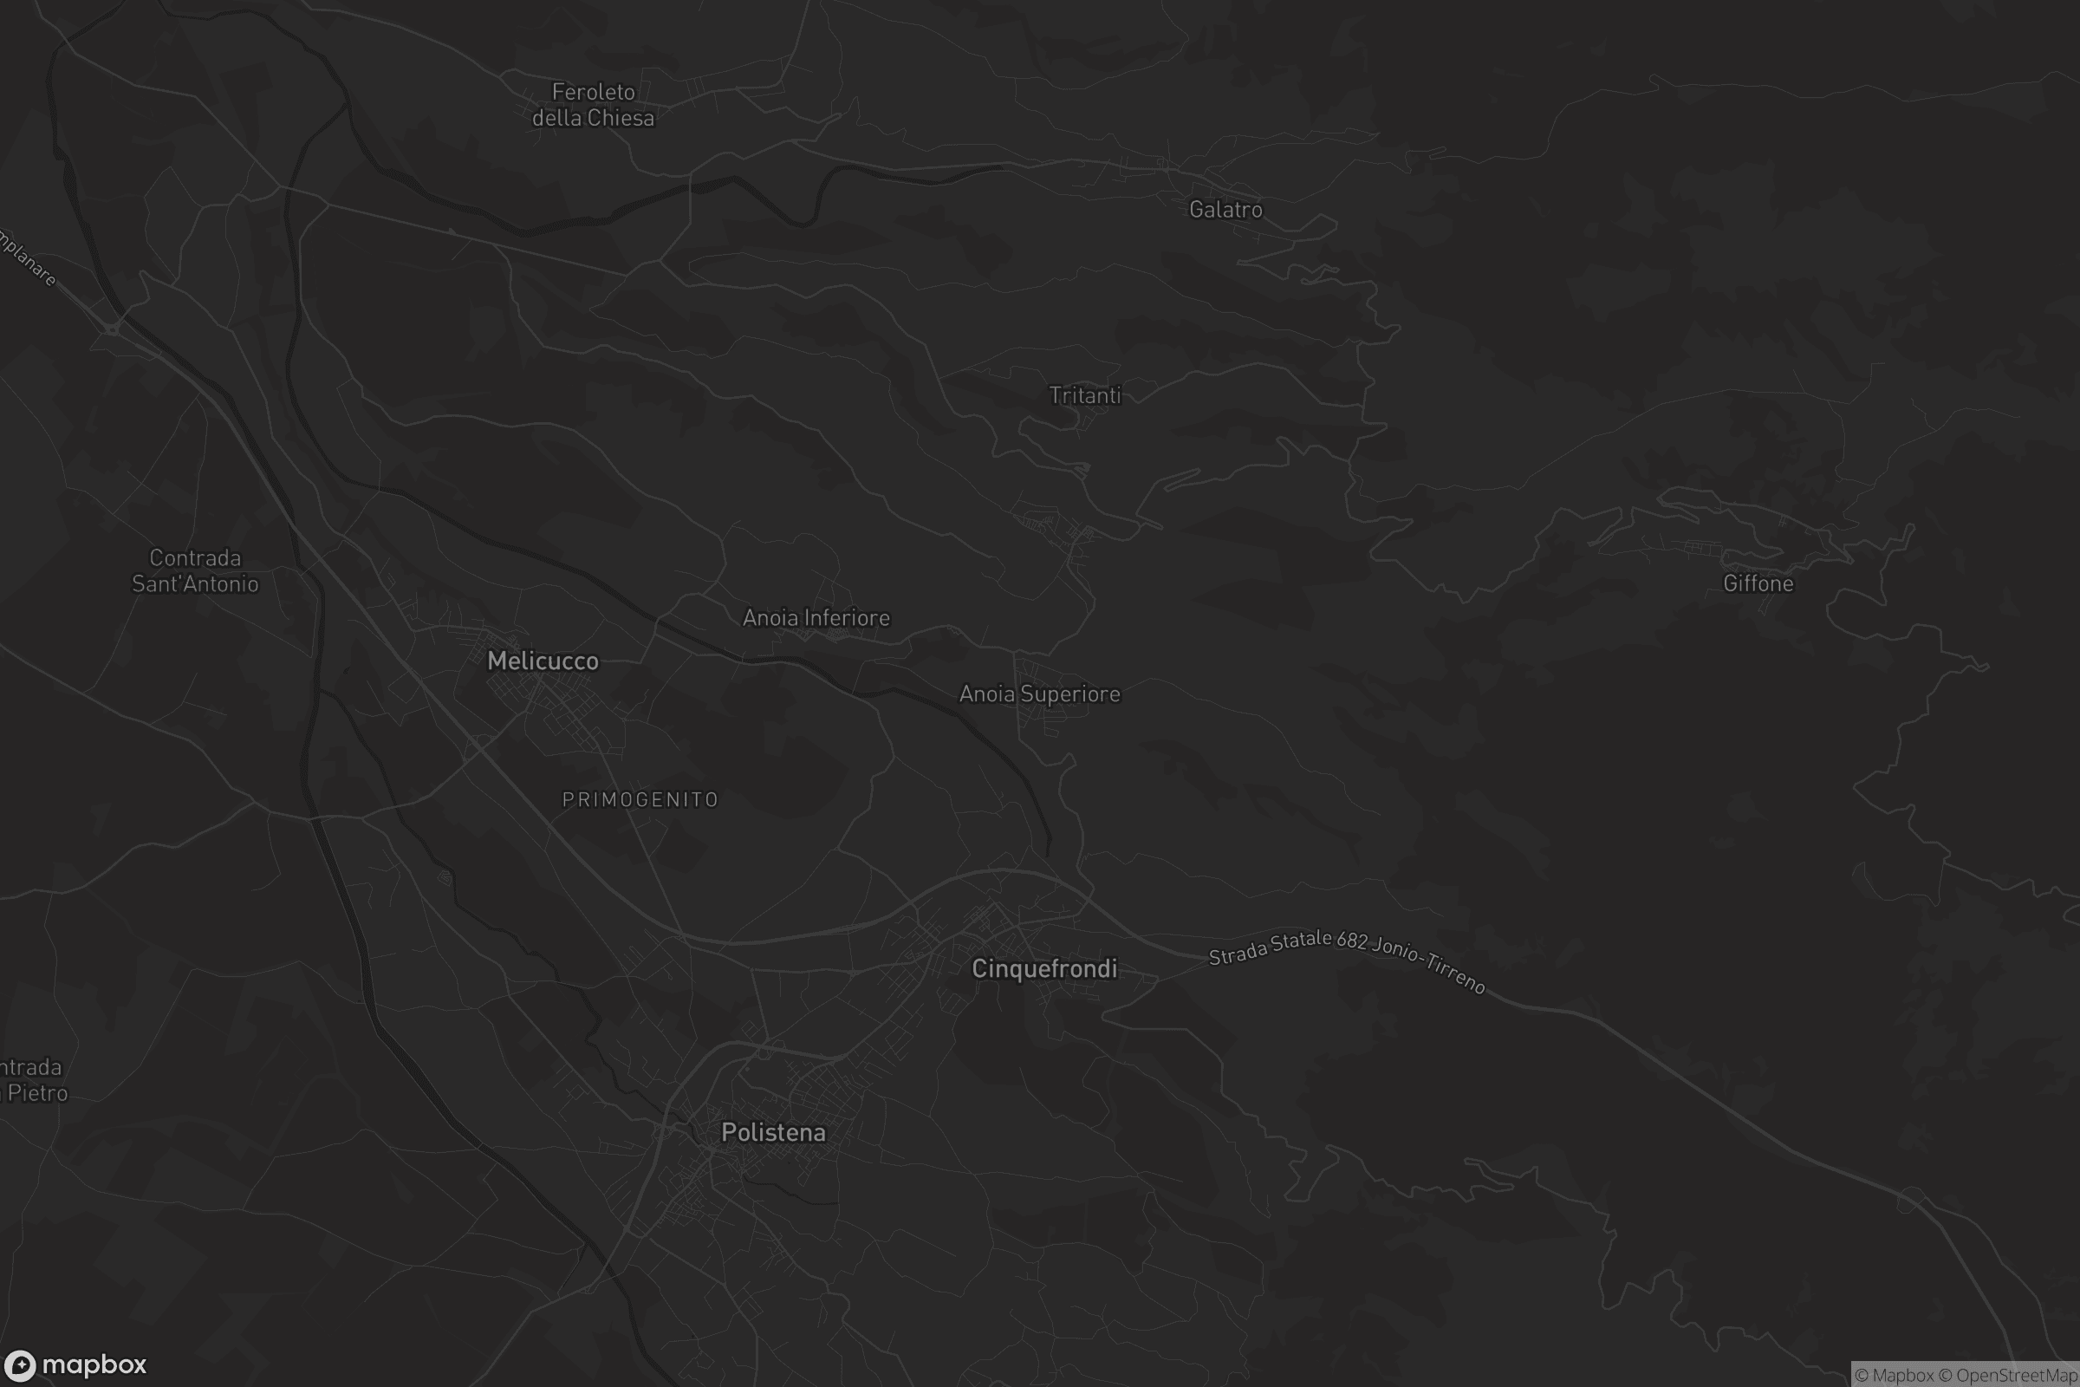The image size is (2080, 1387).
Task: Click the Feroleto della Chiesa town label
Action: coord(594,104)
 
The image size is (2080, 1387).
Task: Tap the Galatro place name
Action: coord(1225,210)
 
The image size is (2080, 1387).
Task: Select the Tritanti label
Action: coord(1085,395)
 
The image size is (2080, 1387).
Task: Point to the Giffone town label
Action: coord(1758,583)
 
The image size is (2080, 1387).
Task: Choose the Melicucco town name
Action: coord(543,661)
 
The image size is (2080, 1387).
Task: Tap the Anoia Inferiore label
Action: coord(816,617)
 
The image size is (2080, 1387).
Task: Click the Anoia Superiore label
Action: coord(1040,693)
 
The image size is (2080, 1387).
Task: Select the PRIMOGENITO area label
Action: coord(640,799)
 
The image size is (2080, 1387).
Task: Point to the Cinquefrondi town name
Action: coord(1044,968)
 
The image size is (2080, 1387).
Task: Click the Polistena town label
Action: coord(774,1132)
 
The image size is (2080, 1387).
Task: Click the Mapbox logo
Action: coord(76,1364)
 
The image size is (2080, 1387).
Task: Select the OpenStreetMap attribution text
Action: coord(2016,1376)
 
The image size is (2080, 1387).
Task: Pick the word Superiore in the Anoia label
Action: coord(1070,693)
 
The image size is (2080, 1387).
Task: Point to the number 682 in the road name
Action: coord(1352,940)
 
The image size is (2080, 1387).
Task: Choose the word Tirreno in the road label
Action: coord(1455,973)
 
